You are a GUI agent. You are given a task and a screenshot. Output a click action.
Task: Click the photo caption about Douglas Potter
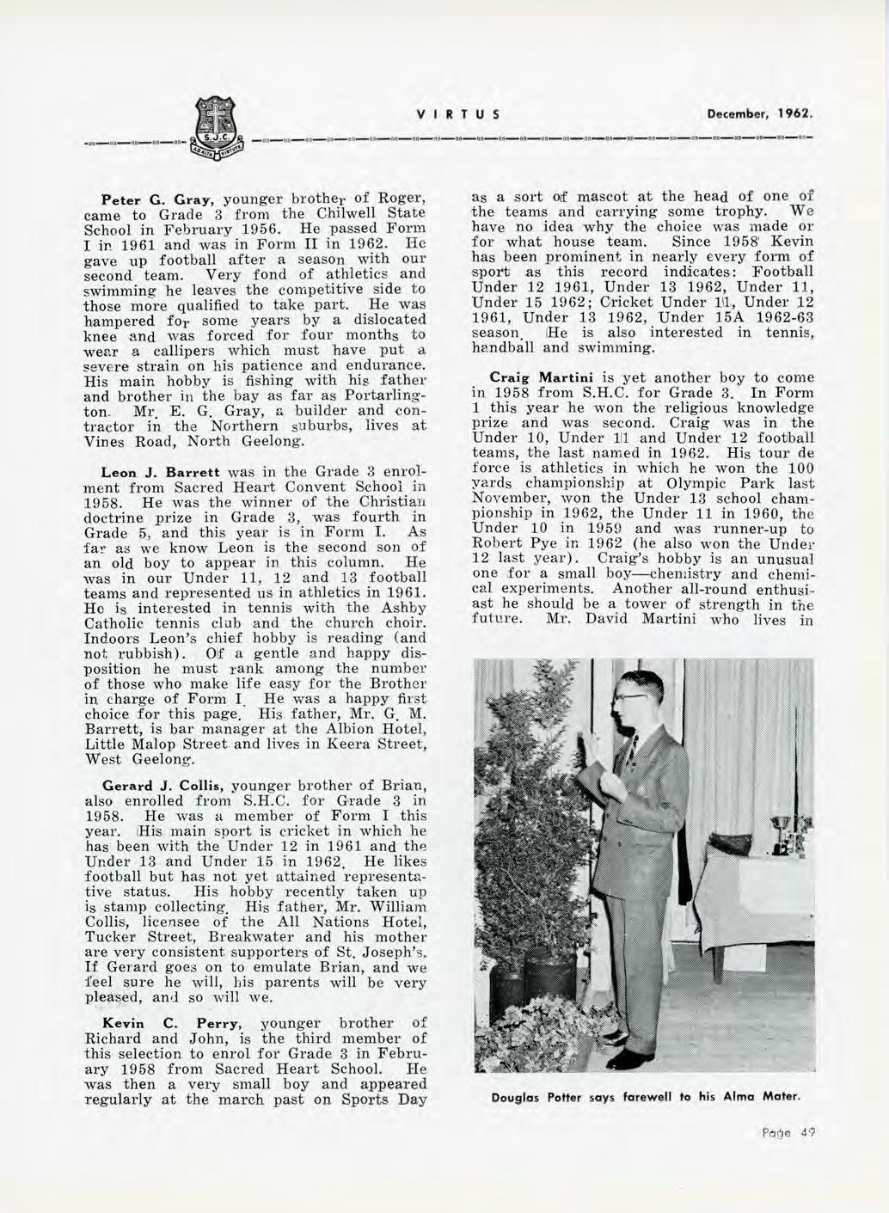click(x=644, y=1097)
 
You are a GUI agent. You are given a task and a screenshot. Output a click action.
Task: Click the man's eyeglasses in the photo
click(x=634, y=694)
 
